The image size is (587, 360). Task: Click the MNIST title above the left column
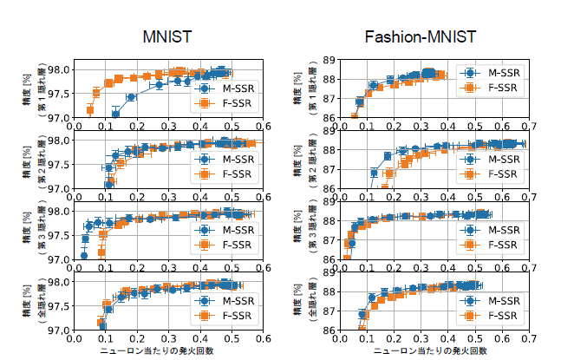167,37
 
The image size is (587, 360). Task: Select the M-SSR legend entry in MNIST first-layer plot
225,88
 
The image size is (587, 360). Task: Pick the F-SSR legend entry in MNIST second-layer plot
225,173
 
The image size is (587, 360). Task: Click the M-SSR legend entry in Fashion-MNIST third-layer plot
494,230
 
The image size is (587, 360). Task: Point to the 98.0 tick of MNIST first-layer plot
59,70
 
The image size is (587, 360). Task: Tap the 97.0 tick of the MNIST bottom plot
59,330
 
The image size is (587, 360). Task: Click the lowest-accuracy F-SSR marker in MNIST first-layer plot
90,110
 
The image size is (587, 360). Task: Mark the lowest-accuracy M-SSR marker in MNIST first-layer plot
115,114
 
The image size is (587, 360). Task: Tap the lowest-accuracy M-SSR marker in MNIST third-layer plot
84,256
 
